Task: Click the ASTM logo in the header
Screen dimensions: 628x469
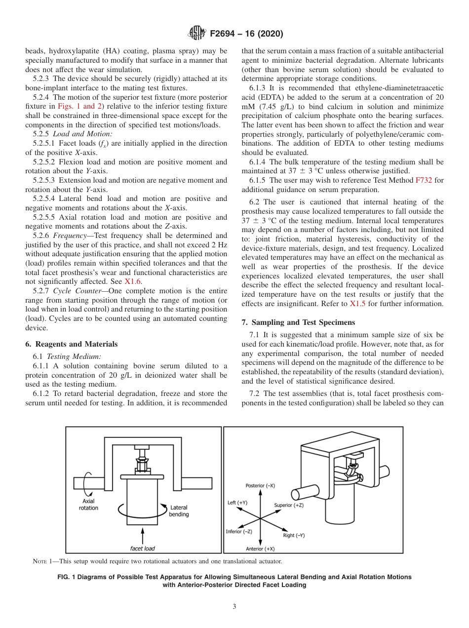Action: click(x=198, y=34)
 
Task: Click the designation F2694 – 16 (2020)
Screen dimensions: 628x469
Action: click(x=246, y=34)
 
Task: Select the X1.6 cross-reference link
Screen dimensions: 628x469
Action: click(x=132, y=281)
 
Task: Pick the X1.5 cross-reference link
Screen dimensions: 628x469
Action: click(x=357, y=304)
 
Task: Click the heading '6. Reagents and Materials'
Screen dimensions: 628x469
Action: click(x=72, y=344)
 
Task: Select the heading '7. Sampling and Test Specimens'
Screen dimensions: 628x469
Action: click(x=298, y=322)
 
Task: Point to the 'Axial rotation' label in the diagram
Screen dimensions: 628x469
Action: click(x=88, y=505)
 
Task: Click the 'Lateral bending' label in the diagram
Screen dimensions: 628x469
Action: click(x=178, y=511)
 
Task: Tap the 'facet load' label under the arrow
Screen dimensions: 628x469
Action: click(x=142, y=548)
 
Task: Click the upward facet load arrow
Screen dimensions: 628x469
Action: click(x=143, y=535)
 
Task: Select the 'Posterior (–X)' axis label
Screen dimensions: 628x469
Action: click(x=260, y=486)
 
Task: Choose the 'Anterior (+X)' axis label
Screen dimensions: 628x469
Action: click(x=260, y=549)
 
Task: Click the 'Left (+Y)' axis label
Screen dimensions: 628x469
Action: click(x=237, y=503)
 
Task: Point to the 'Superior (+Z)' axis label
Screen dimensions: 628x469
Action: click(x=289, y=505)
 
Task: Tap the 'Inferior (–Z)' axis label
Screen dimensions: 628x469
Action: click(x=239, y=531)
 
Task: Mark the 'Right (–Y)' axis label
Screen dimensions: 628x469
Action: click(x=294, y=535)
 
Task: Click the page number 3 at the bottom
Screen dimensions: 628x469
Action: click(x=234, y=607)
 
